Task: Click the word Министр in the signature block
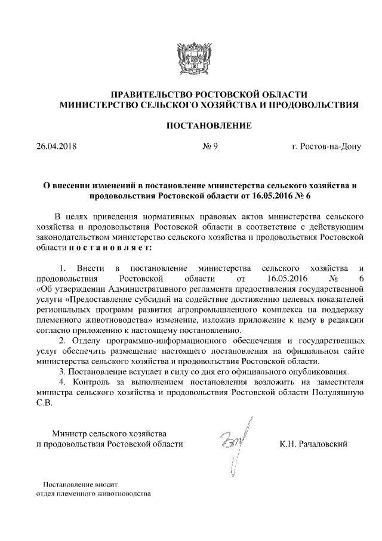[69, 433]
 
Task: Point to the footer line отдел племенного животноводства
[94, 494]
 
